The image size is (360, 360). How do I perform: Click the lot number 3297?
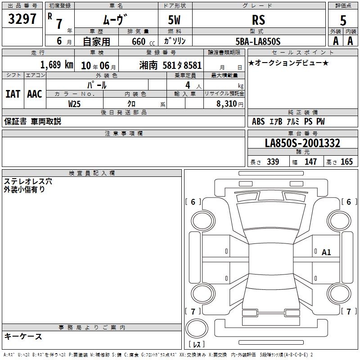(22, 18)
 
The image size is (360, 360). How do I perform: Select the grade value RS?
(258, 20)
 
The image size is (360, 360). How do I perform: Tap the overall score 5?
(343, 20)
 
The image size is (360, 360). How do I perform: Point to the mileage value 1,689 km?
(57, 65)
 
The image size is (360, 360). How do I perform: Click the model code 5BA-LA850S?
(258, 41)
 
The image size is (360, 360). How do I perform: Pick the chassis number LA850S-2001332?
(302, 143)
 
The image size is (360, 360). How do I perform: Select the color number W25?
(74, 104)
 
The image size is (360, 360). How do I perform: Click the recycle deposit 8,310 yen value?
(229, 104)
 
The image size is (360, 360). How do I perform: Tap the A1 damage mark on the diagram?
(326, 252)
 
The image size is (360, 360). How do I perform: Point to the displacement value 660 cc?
(143, 42)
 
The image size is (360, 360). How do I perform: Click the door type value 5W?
(174, 20)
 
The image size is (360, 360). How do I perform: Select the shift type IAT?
(13, 94)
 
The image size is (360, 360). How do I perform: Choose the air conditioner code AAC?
(35, 94)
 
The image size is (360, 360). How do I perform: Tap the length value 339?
(273, 162)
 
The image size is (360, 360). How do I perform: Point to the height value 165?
(346, 162)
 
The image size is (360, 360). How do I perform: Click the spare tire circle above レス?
(197, 328)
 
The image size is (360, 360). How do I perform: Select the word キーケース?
(23, 336)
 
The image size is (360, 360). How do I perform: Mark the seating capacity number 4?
(188, 85)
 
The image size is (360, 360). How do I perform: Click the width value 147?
(310, 162)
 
